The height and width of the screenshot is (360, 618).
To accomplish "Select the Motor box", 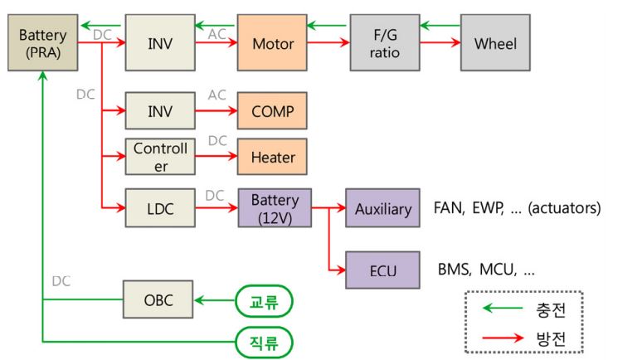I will point(271,42).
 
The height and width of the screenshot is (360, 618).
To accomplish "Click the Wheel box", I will point(495,42).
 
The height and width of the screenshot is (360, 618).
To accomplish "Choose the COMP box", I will point(271,110).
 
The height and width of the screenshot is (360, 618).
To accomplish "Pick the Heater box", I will point(271,156).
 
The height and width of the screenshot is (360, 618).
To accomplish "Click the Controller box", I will point(159,156).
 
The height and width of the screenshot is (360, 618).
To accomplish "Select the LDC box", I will point(159,208).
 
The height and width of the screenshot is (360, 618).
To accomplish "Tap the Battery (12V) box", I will point(275,208).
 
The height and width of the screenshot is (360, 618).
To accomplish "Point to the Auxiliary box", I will point(383,208).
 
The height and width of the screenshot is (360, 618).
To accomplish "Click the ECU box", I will point(383,270).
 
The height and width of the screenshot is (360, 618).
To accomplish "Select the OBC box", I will point(159,300).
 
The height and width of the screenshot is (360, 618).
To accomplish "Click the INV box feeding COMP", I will point(159,110).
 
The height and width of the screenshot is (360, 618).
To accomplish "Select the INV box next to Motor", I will point(159,42).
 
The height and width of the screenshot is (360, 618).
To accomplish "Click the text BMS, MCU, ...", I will point(486,270).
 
